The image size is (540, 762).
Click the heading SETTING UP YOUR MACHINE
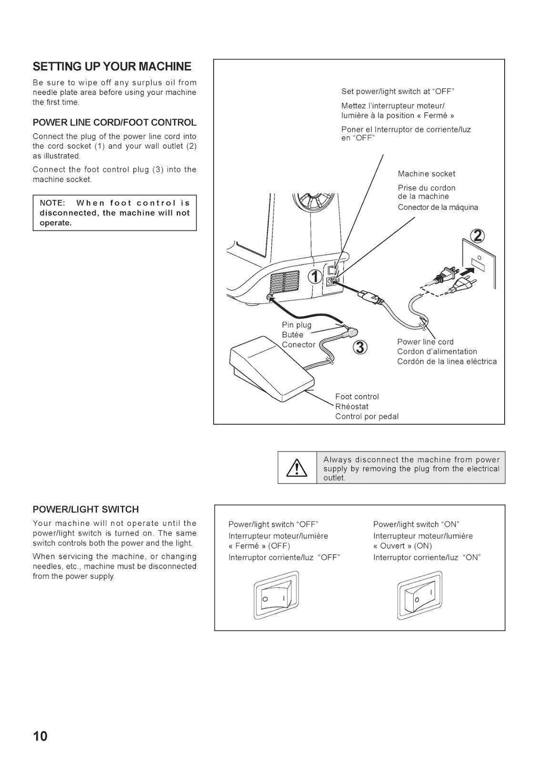click(x=112, y=66)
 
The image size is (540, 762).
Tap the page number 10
click(x=41, y=736)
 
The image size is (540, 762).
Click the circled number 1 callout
click(x=315, y=277)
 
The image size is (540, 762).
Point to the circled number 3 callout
click(x=360, y=348)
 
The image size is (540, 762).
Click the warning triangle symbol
click(x=296, y=468)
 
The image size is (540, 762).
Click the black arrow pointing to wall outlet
click(x=469, y=273)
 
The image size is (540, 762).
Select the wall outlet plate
click(x=479, y=263)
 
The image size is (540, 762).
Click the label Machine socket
click(x=426, y=174)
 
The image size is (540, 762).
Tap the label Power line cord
click(x=425, y=341)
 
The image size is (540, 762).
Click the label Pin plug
click(x=296, y=325)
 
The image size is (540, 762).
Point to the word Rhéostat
click(x=352, y=406)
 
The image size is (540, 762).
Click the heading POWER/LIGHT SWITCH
click(x=86, y=509)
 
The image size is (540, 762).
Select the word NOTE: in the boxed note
click(x=52, y=203)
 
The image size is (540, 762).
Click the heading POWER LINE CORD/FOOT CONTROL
click(x=114, y=122)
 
